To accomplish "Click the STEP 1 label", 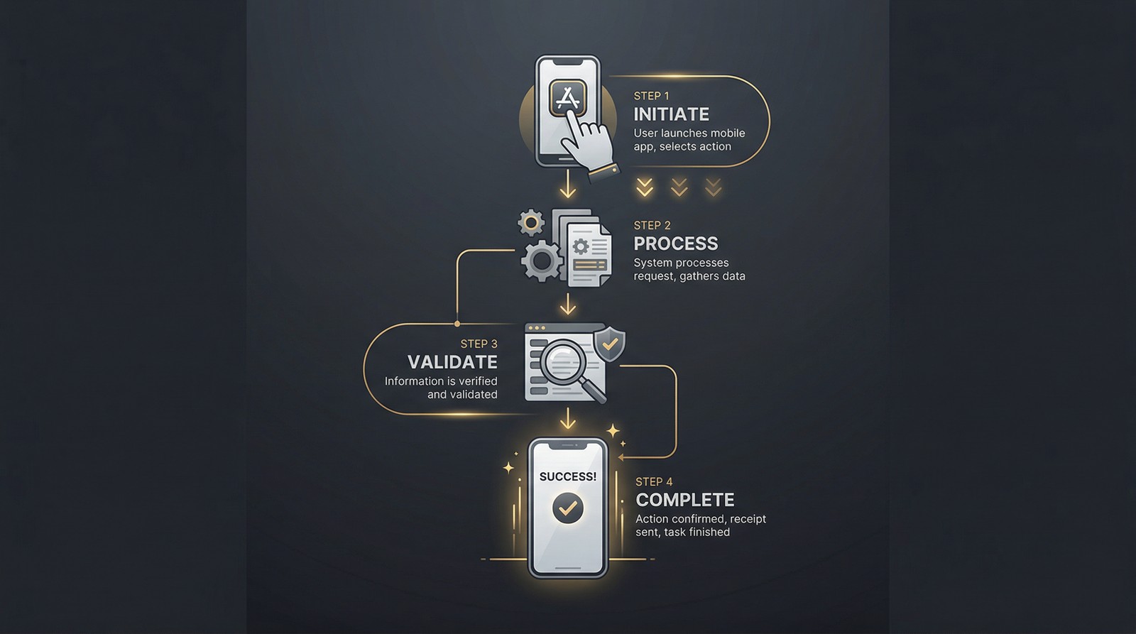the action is tap(651, 96).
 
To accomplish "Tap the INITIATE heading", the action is tap(672, 114).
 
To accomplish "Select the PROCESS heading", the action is tap(676, 244).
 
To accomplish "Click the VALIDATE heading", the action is tap(452, 362).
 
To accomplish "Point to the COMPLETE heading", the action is tap(685, 500).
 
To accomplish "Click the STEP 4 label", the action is tap(654, 481).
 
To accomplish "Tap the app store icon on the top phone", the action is tap(567, 99).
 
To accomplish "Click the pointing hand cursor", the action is tap(589, 145).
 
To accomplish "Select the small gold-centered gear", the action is tap(531, 223).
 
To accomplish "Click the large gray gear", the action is tap(542, 261).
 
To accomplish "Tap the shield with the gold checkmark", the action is tap(609, 344).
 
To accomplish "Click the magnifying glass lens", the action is tap(563, 361).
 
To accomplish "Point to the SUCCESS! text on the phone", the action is tap(567, 477).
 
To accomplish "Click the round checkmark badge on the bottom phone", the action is tap(567, 508).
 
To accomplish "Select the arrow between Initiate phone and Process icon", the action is tap(567, 184).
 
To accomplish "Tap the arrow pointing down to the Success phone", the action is tap(567, 419).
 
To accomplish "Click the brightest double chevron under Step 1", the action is tap(645, 187).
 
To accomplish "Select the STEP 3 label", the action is tap(479, 344).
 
